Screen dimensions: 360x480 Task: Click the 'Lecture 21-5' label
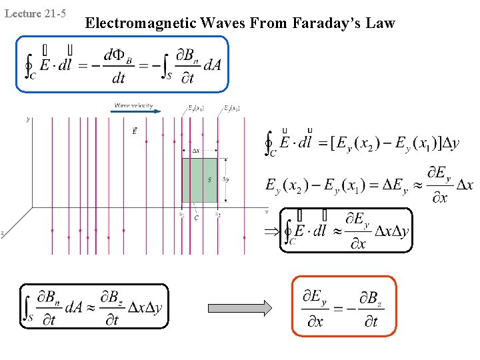click(35, 13)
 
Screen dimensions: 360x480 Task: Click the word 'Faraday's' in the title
click(320, 24)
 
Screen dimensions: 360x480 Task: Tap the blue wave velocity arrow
click(137, 111)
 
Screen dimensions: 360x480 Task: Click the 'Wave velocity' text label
click(133, 105)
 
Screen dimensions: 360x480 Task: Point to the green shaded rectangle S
click(200, 180)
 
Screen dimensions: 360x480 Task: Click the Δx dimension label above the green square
click(196, 151)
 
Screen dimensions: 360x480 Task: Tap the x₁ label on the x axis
click(182, 214)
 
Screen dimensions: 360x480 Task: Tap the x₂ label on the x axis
click(218, 214)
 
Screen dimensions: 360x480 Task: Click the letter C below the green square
click(196, 218)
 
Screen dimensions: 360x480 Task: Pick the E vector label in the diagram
click(136, 131)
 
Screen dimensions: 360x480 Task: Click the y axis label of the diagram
click(27, 120)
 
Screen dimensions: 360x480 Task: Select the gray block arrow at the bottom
click(240, 307)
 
